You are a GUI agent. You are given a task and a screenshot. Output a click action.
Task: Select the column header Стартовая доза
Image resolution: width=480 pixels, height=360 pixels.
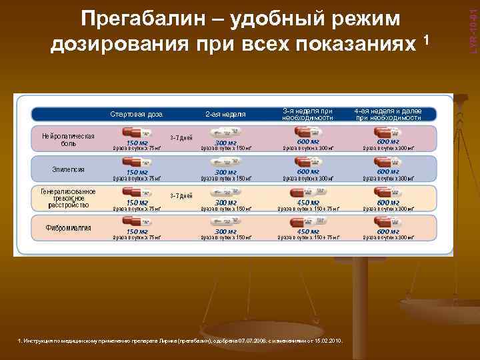[x=137, y=114]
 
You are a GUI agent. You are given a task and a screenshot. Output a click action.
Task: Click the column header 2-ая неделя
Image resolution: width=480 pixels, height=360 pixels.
[x=225, y=114]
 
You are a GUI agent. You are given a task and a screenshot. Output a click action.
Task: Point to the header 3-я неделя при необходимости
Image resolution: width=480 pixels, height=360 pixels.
[x=307, y=113]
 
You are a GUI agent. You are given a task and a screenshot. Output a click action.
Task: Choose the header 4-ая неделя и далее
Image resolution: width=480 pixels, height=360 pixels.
[x=387, y=113]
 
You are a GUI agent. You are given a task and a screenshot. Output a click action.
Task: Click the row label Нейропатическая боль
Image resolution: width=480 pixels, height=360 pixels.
[x=68, y=139]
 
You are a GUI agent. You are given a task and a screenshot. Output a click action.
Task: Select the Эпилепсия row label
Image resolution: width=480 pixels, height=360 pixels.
[x=68, y=169]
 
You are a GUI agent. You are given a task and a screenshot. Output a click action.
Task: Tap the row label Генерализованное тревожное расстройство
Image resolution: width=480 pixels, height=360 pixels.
[x=68, y=198]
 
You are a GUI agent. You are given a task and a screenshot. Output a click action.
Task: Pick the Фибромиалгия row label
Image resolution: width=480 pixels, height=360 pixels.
[x=68, y=228]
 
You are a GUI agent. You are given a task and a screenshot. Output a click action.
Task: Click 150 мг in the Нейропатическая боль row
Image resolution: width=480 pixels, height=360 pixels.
[x=137, y=143]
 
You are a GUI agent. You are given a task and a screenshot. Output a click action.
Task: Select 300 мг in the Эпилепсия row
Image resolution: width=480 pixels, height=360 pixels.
[x=225, y=173]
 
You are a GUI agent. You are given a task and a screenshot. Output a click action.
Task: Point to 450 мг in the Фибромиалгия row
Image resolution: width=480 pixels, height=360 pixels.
[x=307, y=232]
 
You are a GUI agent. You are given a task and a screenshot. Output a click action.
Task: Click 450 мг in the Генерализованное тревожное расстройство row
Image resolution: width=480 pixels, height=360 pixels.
[x=307, y=203]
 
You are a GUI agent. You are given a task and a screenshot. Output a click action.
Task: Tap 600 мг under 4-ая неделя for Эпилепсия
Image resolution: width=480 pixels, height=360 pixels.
[x=387, y=172]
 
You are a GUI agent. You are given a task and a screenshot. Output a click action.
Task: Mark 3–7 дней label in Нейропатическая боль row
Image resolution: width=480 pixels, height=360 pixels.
[x=181, y=138]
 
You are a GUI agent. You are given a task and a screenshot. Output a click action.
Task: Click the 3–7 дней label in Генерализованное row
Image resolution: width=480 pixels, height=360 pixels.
[x=181, y=196]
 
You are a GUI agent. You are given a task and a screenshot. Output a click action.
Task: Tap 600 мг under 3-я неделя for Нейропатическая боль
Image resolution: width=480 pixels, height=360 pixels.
[x=307, y=142]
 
